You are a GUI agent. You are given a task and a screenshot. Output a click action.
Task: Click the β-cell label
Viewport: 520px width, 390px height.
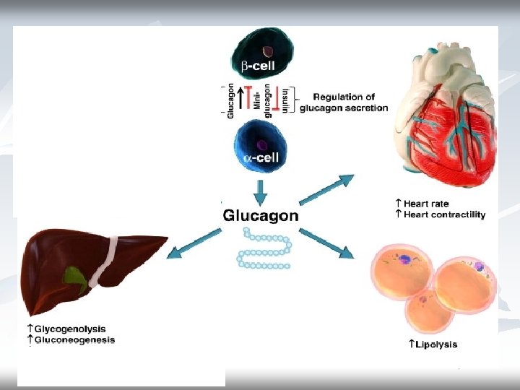point(258,66)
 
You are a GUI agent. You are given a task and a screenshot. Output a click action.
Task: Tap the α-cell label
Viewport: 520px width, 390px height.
point(261,157)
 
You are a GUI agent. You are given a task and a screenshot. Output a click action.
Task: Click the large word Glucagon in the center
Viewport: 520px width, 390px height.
point(261,215)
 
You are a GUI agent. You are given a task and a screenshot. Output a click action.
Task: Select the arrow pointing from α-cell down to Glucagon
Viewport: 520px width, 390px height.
point(260,193)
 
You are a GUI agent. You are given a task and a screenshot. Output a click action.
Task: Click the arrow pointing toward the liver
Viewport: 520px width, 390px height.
point(194,243)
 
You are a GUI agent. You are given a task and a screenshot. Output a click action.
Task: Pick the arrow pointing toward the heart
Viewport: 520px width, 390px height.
point(326,189)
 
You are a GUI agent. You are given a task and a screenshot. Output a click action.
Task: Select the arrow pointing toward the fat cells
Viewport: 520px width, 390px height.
point(326,243)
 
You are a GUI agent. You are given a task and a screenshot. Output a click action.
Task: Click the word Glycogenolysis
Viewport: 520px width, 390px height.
point(70,329)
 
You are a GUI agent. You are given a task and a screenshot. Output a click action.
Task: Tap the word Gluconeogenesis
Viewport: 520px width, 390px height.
point(74,340)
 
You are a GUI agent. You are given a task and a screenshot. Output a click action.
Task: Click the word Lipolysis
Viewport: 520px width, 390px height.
point(436,344)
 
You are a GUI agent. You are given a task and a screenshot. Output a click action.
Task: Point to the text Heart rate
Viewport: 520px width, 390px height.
point(426,203)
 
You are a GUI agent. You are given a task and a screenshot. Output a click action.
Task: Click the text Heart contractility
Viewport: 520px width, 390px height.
point(444,214)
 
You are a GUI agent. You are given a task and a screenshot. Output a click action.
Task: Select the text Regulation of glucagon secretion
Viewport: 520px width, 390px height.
point(344,103)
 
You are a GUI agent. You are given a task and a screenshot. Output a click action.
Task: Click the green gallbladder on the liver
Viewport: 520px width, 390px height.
point(75,277)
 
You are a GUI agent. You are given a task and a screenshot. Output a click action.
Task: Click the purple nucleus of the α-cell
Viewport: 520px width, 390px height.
point(262,145)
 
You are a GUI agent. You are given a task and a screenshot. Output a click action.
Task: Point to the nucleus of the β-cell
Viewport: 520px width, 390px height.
point(268,51)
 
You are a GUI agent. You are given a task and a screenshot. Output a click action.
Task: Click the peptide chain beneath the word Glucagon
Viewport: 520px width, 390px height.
point(264,248)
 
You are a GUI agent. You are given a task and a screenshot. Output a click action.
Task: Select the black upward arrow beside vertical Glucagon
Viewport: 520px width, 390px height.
point(241,97)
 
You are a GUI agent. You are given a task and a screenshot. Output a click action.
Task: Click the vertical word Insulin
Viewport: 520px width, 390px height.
point(285,100)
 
